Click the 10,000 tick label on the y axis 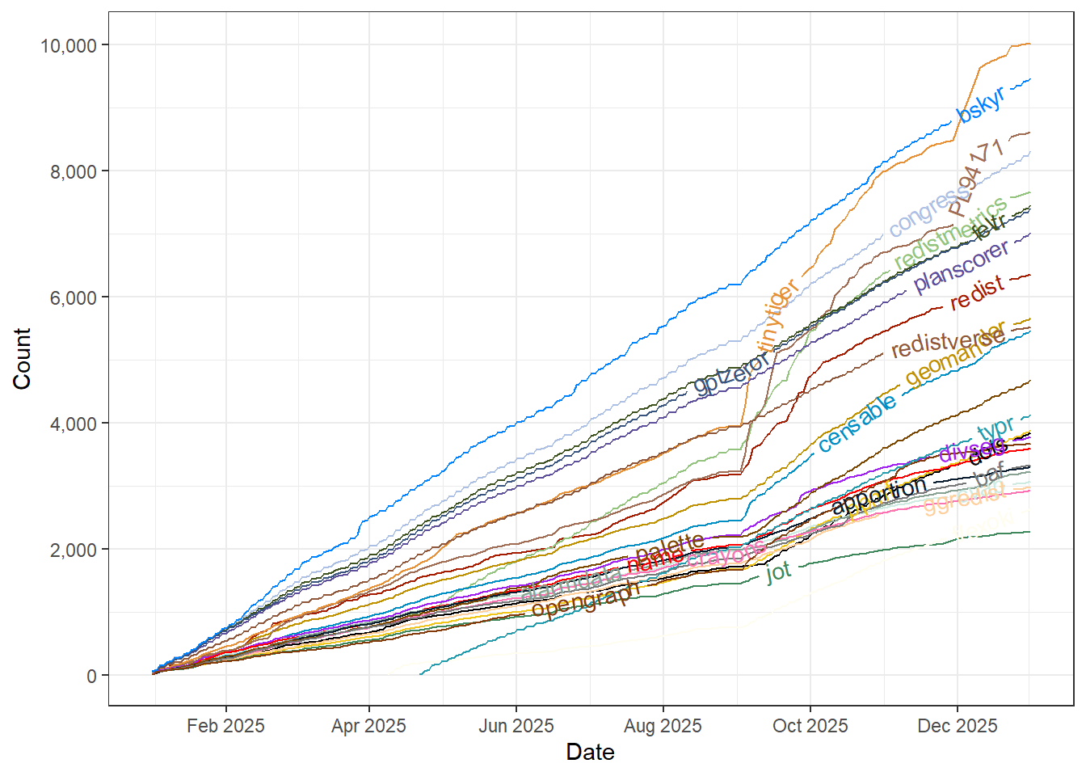pos(69,45)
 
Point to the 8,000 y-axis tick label pos(74,171)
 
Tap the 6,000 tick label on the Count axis pos(74,297)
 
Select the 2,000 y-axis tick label pos(74,550)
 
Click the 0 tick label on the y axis pos(92,676)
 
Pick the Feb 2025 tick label pos(225,726)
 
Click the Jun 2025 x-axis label pos(516,726)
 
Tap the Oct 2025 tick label pos(810,726)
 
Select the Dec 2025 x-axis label pos(958,726)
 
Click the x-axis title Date pos(590,753)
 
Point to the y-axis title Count pos(22,358)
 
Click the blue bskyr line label pos(981,104)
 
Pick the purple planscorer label pos(962,266)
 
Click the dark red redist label pos(977,293)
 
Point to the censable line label pos(857,423)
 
